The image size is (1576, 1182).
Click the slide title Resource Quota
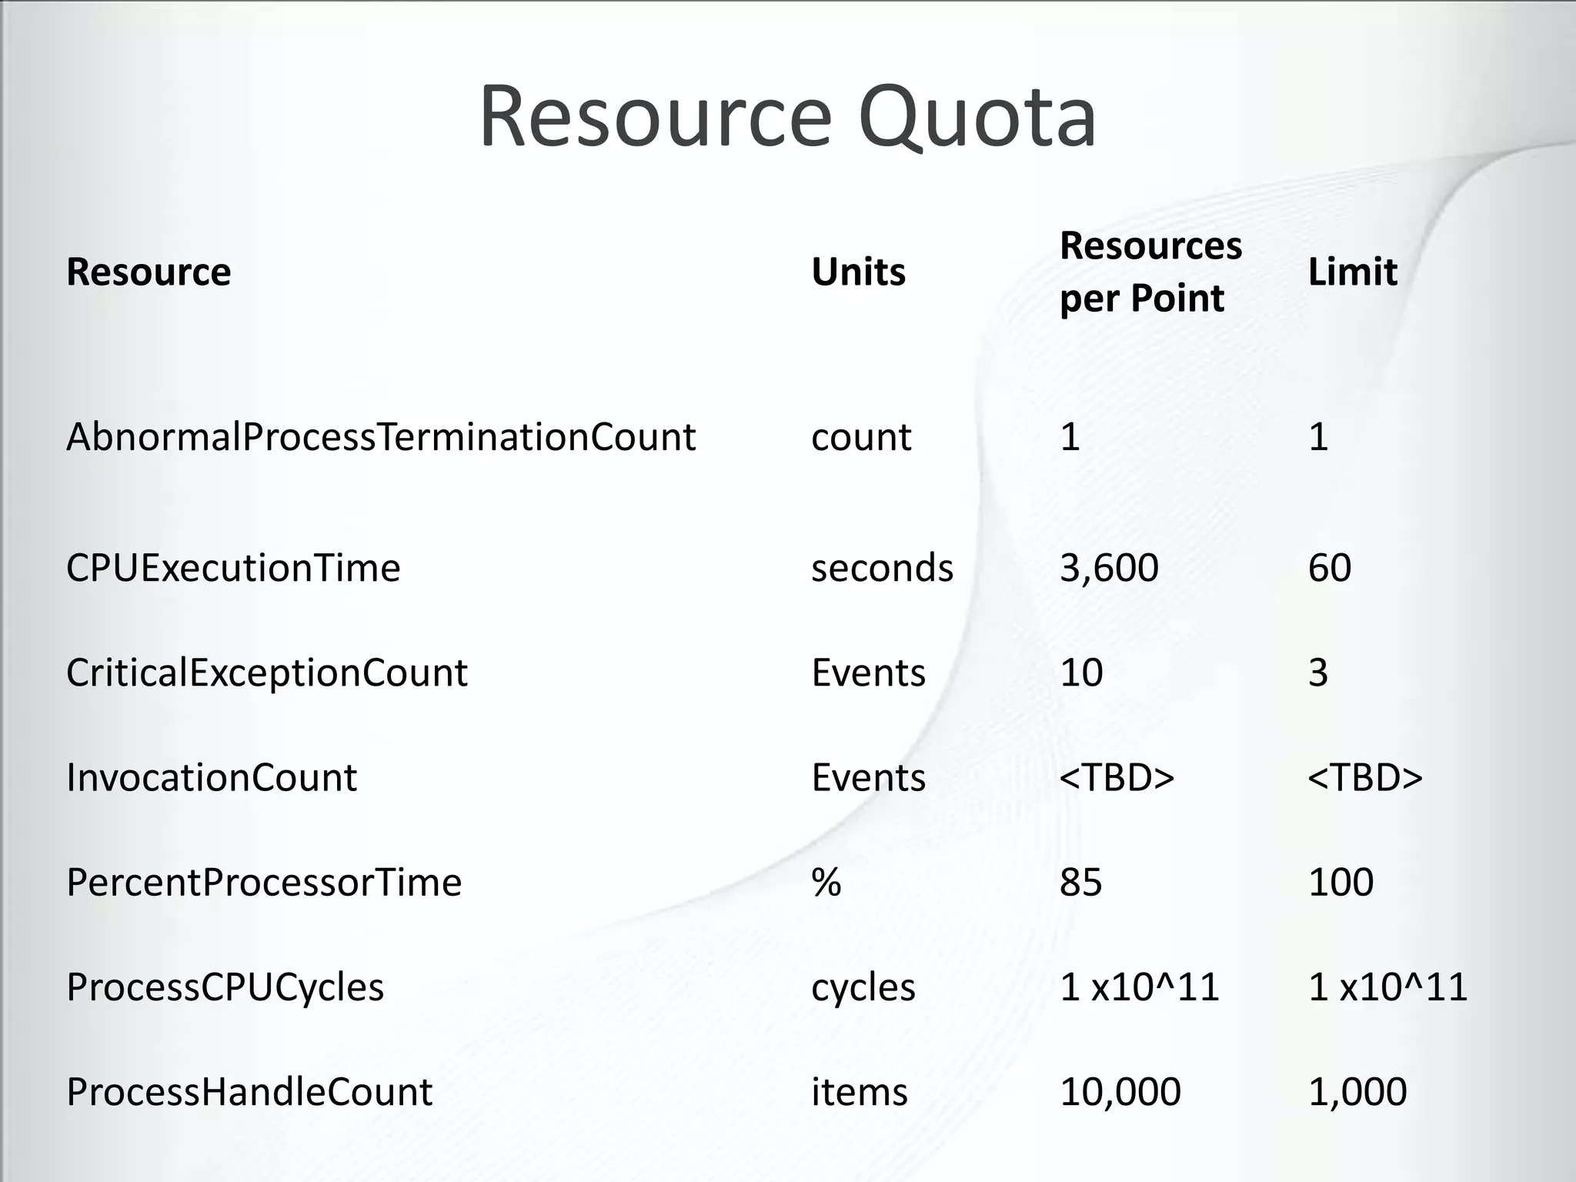pos(787,118)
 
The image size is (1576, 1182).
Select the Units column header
pos(858,272)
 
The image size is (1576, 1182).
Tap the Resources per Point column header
pos(1150,272)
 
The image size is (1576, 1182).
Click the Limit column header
pos(1352,272)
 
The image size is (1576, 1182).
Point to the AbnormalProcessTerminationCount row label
pos(381,437)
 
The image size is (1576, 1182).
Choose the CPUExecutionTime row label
pos(233,568)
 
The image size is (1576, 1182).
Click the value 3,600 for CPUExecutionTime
pos(1109,568)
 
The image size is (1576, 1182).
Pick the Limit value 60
pos(1330,568)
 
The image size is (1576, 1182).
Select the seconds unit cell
pos(882,568)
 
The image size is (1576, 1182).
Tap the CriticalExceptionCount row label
pos(266,673)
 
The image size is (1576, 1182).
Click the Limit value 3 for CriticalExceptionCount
pos(1318,673)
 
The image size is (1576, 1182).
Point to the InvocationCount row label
pos(212,777)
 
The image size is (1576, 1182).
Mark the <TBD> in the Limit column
pos(1365,777)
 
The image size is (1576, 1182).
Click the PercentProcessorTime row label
pos(264,882)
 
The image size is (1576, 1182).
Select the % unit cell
pos(826,882)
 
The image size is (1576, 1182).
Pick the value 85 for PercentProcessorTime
pos(1080,882)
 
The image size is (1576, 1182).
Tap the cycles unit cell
pos(863,987)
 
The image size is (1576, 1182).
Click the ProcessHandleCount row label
pos(249,1091)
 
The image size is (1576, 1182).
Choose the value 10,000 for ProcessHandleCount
pos(1120,1091)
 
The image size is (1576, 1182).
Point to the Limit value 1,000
pos(1357,1091)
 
